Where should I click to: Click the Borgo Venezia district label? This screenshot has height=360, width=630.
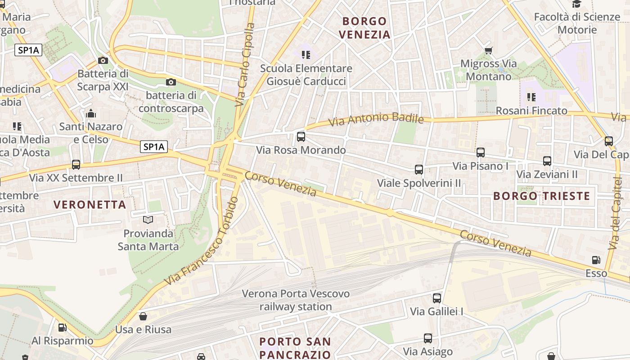[364, 28]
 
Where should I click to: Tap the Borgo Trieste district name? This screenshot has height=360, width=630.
[541, 196]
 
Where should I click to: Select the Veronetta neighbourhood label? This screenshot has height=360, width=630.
[90, 205]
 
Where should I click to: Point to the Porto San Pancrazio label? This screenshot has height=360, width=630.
[295, 348]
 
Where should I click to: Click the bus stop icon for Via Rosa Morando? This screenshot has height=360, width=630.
[301, 137]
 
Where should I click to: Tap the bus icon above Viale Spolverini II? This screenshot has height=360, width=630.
[419, 170]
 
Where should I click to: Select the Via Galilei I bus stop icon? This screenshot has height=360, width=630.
[437, 298]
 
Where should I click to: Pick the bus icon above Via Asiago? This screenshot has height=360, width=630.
[428, 338]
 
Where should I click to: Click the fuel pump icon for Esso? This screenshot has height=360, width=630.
[596, 260]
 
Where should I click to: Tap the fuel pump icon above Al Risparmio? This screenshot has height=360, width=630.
[63, 327]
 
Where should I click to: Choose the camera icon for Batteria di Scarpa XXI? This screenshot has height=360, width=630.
[103, 60]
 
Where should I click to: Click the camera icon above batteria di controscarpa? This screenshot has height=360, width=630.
[171, 82]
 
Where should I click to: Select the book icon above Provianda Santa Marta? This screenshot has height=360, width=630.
[148, 220]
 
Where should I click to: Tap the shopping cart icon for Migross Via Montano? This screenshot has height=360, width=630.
[488, 50]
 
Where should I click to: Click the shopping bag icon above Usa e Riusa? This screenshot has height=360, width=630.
[143, 316]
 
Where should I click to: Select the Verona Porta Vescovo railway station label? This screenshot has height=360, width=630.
[296, 300]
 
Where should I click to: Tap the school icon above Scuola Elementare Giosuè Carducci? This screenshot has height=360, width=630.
[306, 55]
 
